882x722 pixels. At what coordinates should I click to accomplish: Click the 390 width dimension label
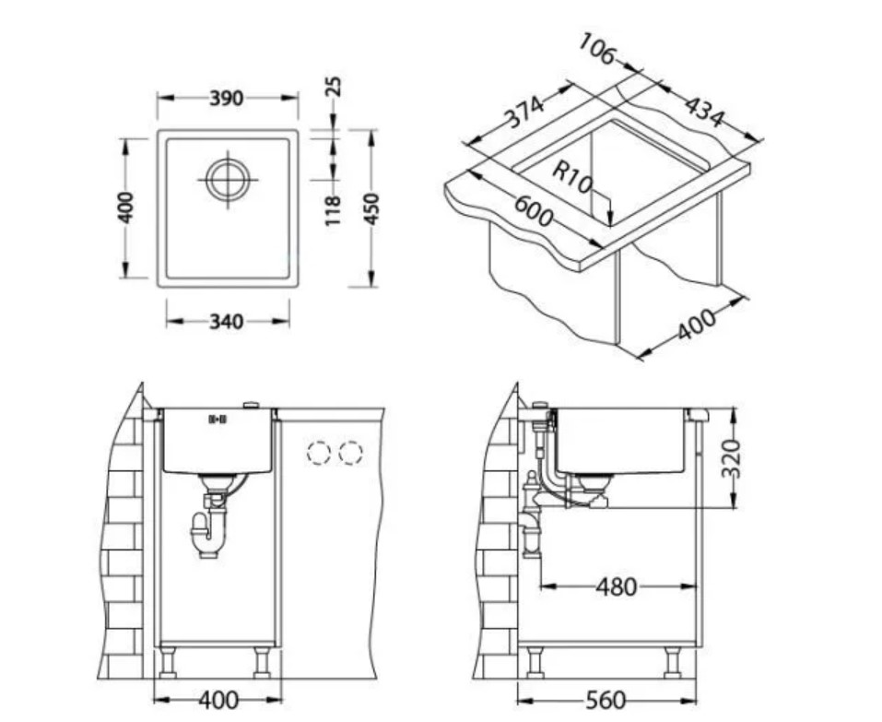(227, 99)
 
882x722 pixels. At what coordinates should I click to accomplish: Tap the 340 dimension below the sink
(227, 322)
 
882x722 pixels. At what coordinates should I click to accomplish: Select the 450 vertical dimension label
(371, 208)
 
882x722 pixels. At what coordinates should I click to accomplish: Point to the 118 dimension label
(333, 210)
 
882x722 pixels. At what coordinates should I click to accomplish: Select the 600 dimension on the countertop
(534, 211)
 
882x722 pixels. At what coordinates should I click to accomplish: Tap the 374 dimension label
(524, 112)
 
